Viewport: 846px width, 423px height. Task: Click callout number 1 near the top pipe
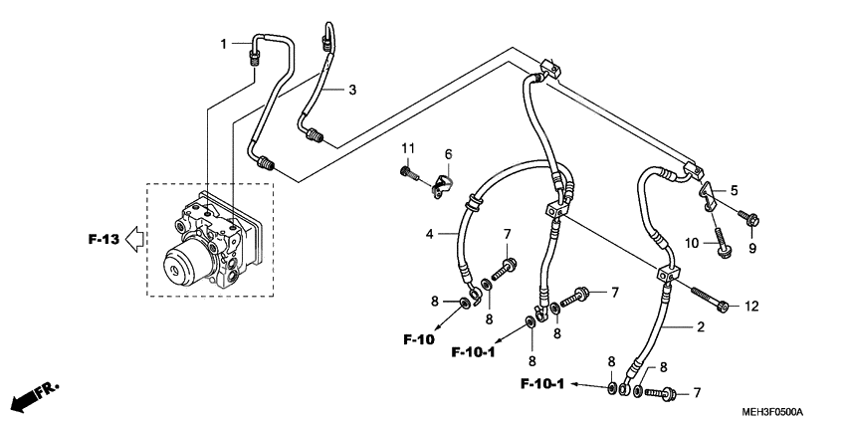(224, 43)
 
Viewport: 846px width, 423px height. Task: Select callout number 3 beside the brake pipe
(351, 91)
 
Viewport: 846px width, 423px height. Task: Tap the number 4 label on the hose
(429, 235)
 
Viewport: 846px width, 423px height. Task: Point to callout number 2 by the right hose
(701, 326)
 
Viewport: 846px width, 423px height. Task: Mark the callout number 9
(751, 248)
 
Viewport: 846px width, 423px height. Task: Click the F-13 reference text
(103, 240)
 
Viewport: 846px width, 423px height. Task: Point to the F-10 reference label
(420, 340)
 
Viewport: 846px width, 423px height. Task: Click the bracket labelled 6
(444, 186)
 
